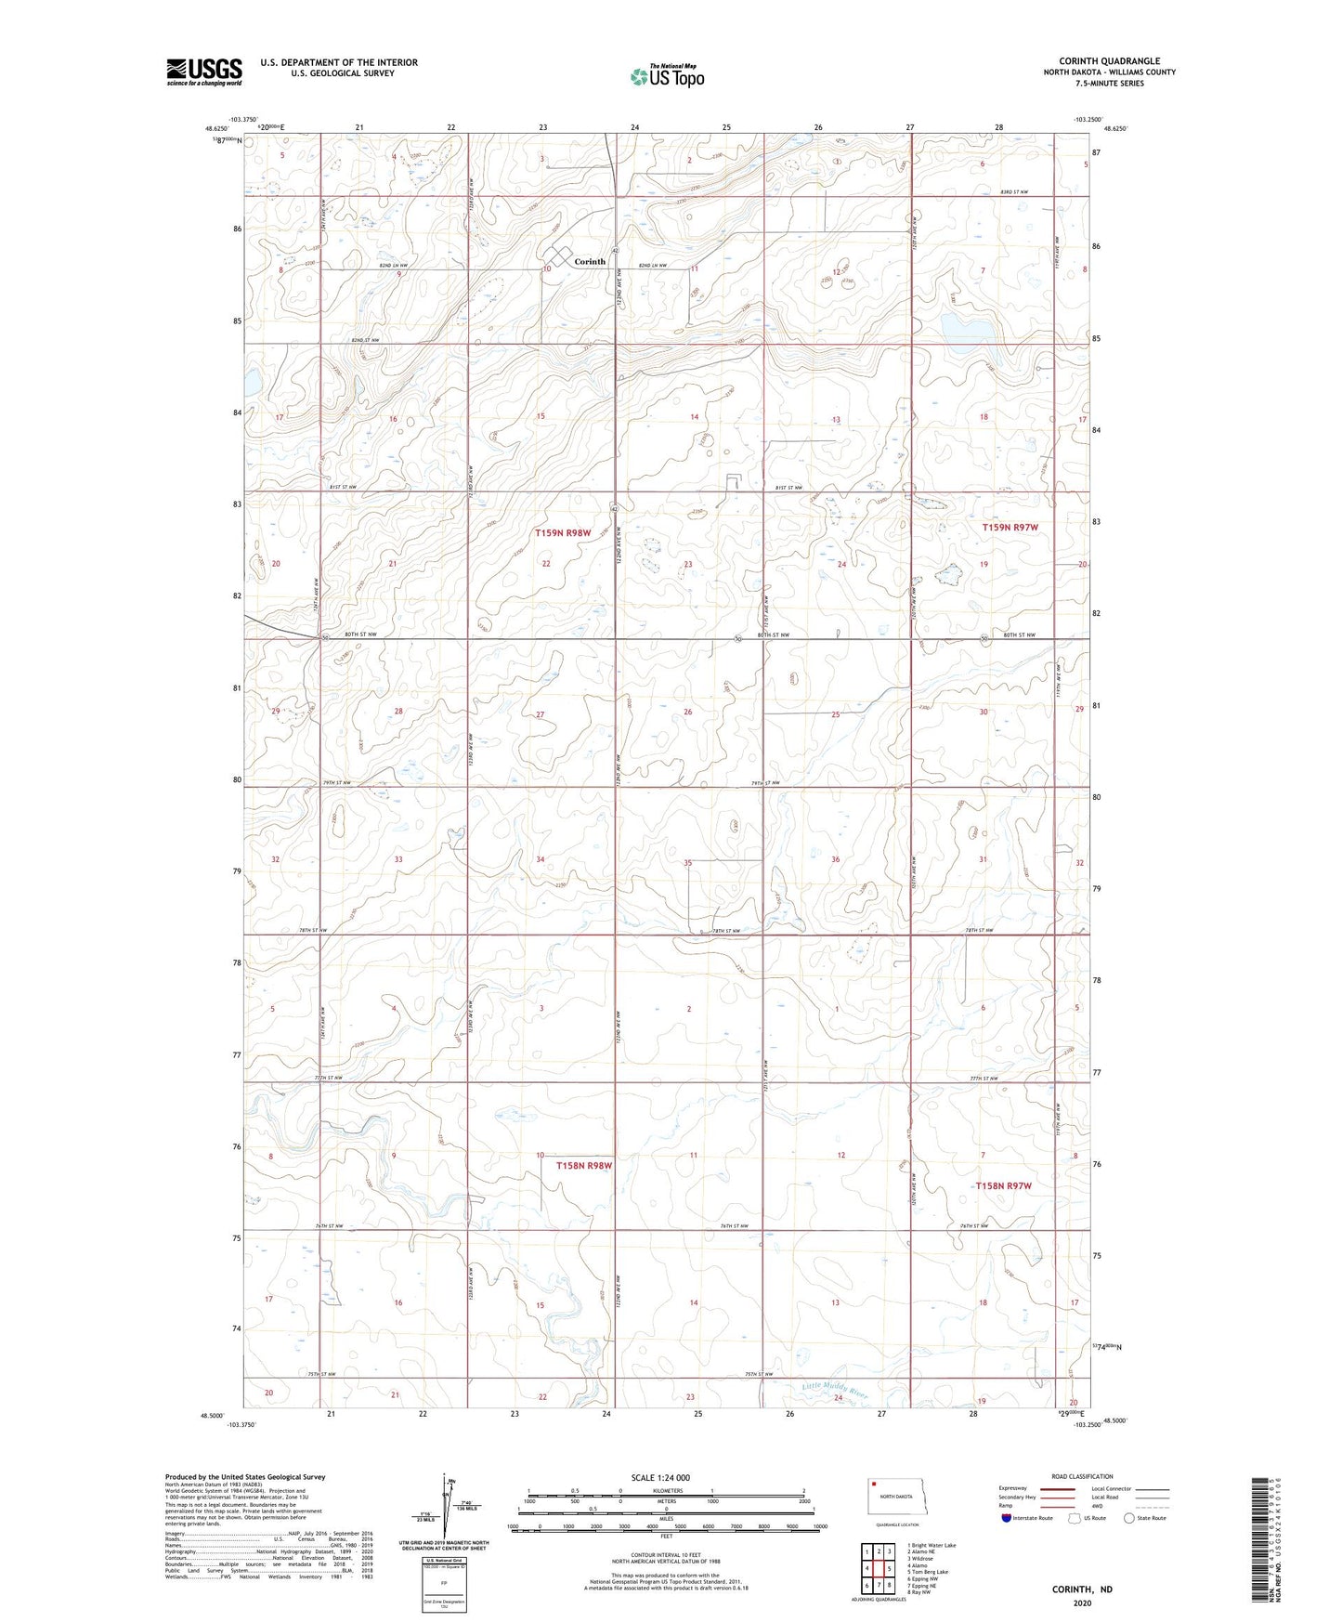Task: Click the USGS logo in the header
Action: point(204,72)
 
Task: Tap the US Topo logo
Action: point(667,76)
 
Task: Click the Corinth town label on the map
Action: point(590,262)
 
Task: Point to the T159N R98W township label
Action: point(563,533)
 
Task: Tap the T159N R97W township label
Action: point(1010,528)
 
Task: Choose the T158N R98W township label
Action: point(584,1165)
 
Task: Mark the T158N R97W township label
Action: point(1003,1186)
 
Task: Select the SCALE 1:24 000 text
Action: point(659,1478)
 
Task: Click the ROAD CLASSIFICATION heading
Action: point(1082,1476)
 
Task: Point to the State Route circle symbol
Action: point(1129,1518)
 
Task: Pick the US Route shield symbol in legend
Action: point(1075,1518)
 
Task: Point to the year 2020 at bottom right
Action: point(1082,1602)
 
